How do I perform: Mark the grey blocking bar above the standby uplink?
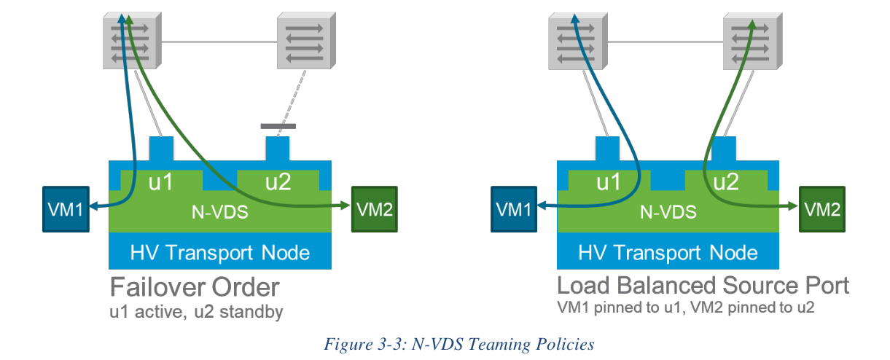tap(278, 126)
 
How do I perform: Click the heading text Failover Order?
tap(195, 286)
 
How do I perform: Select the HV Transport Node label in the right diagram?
tap(668, 253)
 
